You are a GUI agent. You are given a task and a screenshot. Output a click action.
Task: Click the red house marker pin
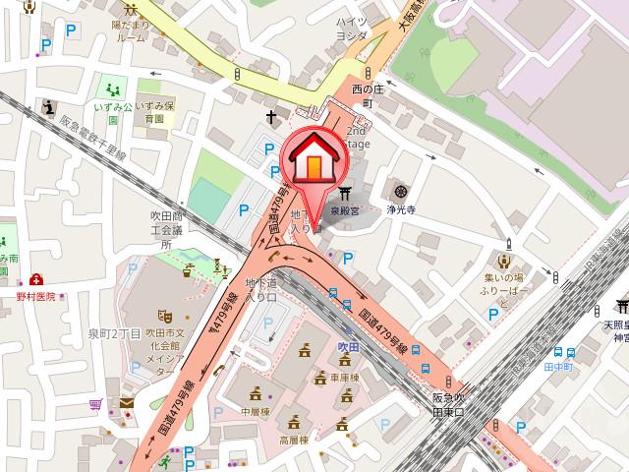[312, 157]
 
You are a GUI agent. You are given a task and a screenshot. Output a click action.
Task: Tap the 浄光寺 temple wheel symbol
[400, 191]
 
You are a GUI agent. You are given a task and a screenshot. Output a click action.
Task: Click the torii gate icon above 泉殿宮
[344, 193]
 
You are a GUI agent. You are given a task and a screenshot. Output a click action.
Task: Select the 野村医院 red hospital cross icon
[36, 280]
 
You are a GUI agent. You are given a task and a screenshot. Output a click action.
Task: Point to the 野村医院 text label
[35, 294]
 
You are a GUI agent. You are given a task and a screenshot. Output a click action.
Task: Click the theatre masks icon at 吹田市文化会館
[165, 316]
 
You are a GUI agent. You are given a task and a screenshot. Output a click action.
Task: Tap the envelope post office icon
[128, 403]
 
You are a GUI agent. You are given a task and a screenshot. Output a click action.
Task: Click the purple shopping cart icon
[95, 404]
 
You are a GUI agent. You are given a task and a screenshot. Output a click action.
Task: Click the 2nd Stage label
[358, 137]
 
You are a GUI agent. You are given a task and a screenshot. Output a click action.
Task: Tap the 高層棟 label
[292, 442]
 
